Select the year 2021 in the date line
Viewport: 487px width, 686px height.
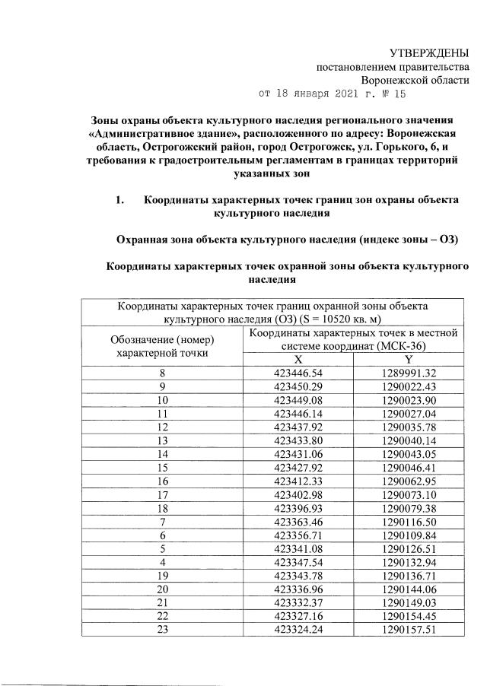point(337,94)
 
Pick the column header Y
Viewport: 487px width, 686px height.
point(409,360)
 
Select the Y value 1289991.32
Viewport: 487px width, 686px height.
point(409,373)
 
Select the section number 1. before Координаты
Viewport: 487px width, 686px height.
point(119,200)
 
